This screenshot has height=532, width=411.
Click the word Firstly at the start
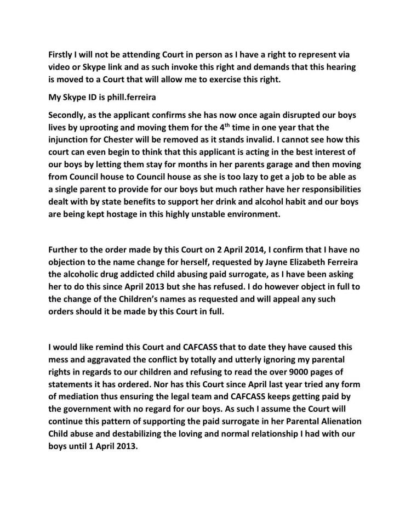62,55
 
